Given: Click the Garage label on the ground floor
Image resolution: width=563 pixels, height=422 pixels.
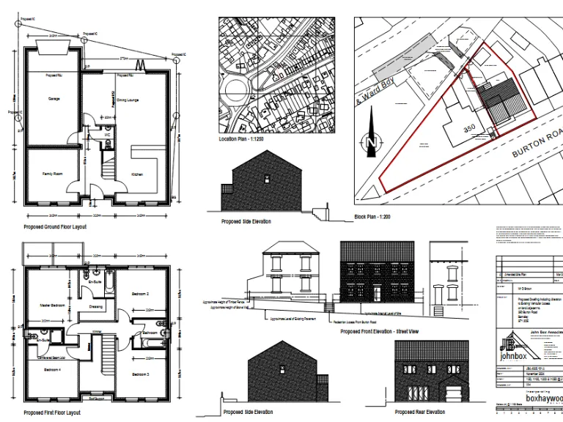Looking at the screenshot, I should pyautogui.click(x=54, y=99).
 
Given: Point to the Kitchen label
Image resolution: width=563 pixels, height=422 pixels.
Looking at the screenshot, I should pyautogui.click(x=136, y=174).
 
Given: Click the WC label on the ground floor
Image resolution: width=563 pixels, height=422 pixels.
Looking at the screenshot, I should pyautogui.click(x=107, y=135).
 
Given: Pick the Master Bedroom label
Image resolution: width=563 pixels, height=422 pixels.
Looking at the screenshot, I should pyautogui.click(x=53, y=305).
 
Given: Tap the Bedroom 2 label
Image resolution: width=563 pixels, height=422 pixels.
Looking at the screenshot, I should pyautogui.click(x=141, y=294).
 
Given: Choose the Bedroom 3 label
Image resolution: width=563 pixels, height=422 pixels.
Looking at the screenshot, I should pyautogui.click(x=141, y=374).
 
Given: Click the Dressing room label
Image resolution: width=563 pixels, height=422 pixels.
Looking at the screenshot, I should pyautogui.click(x=96, y=306).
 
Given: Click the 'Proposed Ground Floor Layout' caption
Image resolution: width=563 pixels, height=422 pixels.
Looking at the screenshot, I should pyautogui.click(x=55, y=227).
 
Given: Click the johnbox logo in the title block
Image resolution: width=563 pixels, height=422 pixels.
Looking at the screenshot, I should pyautogui.click(x=513, y=347).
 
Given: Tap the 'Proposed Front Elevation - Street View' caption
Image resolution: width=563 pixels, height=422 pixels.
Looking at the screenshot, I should pyautogui.click(x=380, y=331).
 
